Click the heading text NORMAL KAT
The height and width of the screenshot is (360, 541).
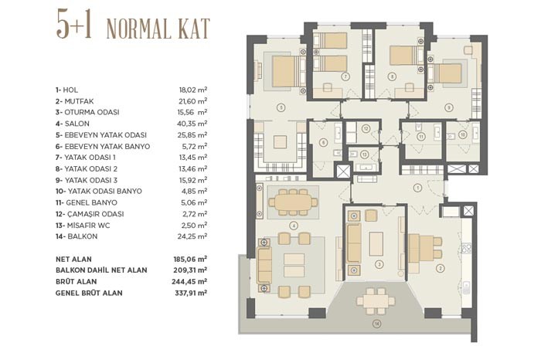coord(158,29)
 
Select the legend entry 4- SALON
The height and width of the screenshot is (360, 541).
coord(73,124)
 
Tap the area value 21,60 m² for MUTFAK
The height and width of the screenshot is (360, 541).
coord(193,101)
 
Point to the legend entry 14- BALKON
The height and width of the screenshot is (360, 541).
coord(77,236)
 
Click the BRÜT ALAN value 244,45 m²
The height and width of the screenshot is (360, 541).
coord(189,281)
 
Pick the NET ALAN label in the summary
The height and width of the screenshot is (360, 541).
coord(73,259)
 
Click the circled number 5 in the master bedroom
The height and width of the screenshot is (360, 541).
coord(281,108)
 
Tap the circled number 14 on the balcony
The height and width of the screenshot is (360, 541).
coord(377,324)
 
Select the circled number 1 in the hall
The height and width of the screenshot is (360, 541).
coord(417,188)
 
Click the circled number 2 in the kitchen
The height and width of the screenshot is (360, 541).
coord(440,268)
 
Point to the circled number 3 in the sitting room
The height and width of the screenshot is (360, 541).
coord(379,264)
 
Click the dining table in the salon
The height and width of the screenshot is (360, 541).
coord(293,202)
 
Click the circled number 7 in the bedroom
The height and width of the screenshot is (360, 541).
coord(345,76)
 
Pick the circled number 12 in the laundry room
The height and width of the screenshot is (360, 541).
coord(366,128)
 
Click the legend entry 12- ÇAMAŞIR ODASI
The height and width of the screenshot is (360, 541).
coord(90,214)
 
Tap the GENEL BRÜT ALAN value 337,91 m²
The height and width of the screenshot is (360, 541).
coord(191,293)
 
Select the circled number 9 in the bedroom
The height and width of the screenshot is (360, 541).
coord(448,108)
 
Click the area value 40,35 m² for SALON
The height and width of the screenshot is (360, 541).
coord(192,124)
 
